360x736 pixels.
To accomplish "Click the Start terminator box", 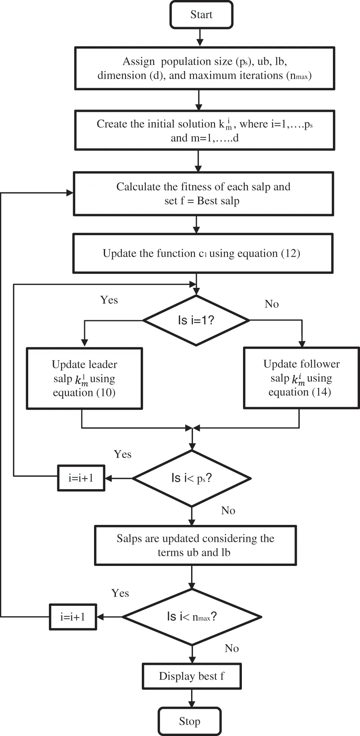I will [201, 15].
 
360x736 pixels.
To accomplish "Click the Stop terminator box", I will [190, 721].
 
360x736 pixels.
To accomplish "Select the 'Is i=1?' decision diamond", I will [196, 320].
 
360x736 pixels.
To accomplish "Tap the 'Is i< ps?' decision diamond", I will [191, 478].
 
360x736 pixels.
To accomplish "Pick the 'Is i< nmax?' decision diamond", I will [192, 617].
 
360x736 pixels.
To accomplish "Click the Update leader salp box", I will [84, 378].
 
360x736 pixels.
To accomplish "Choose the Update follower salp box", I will [301, 378].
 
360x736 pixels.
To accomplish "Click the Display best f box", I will [191, 676].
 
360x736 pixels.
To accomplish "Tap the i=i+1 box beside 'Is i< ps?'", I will [81, 478].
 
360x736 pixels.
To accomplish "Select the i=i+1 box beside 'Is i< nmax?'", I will [73, 617].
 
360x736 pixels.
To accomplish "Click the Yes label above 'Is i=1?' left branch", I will [109, 300].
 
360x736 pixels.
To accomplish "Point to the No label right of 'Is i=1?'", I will [272, 304].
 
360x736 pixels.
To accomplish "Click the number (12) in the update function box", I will [290, 253].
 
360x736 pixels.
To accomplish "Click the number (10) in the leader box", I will [106, 392].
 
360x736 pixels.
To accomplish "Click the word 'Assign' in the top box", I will [138, 61].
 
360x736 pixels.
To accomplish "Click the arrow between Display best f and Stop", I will [191, 698].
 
